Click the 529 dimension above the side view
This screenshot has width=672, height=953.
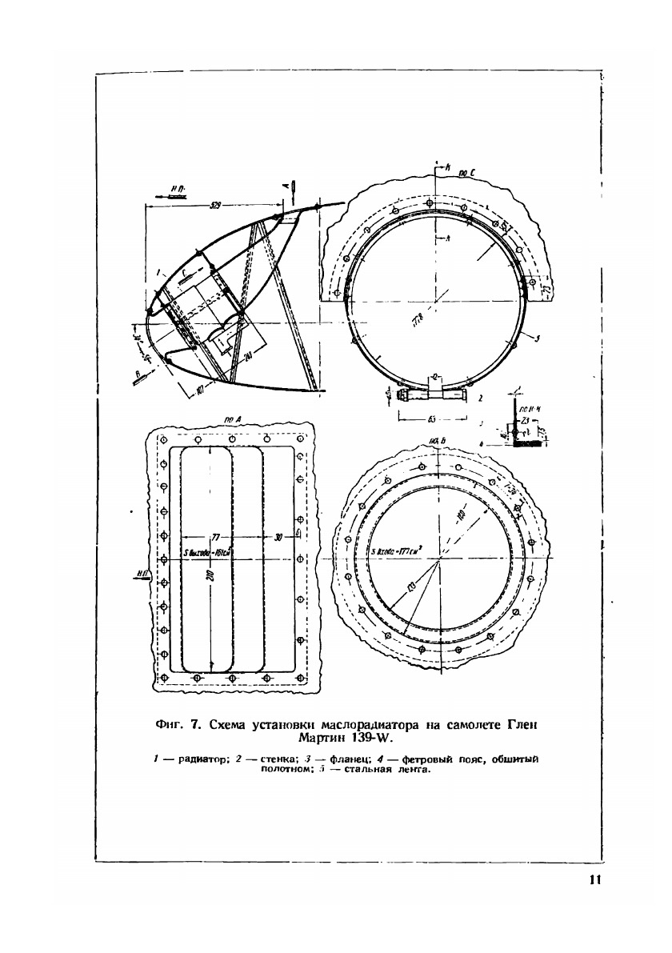(215, 205)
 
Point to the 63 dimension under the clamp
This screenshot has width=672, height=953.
(432, 418)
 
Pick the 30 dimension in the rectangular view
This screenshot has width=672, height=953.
(277, 537)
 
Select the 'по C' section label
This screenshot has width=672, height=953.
(468, 170)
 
